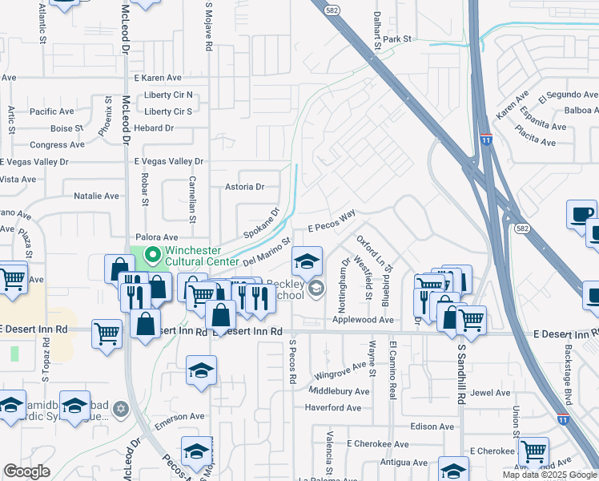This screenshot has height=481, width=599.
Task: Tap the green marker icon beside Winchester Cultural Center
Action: [x=151, y=256]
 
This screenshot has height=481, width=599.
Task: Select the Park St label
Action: [x=396, y=38]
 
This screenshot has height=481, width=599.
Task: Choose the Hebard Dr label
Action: [x=154, y=128]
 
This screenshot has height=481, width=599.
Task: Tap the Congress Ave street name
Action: [x=57, y=145]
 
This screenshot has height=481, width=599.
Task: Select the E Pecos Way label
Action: [x=331, y=223]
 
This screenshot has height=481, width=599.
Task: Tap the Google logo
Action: [x=26, y=471]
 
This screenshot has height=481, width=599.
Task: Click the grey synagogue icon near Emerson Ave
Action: [x=121, y=410]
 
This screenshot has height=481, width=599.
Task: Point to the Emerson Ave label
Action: [x=181, y=416]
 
